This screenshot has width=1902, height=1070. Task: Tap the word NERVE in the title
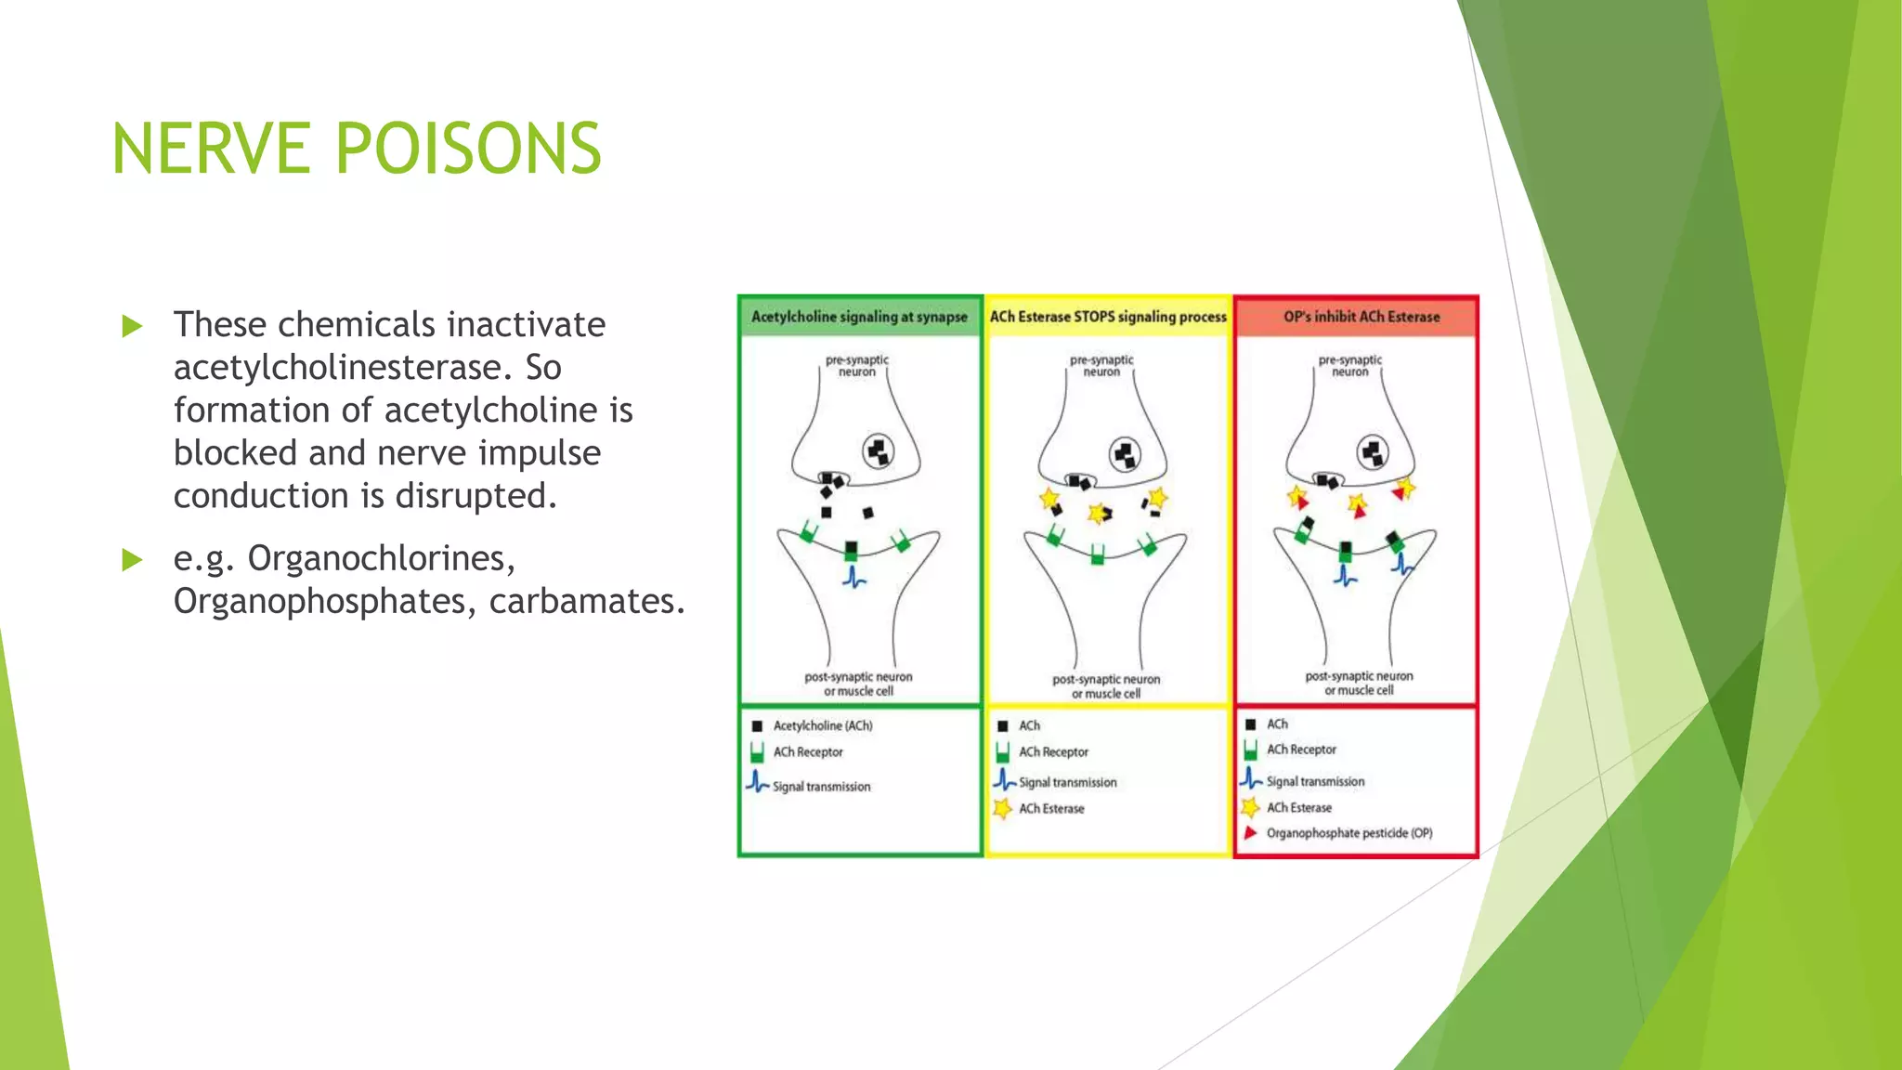point(211,149)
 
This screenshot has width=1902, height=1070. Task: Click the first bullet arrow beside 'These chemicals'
point(133,326)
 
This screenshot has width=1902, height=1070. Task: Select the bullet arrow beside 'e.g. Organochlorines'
point(133,559)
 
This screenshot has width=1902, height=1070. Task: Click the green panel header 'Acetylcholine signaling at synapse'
point(859,317)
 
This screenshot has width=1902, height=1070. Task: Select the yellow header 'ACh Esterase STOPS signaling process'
point(1108,317)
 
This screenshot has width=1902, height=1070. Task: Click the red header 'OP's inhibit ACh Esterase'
point(1361,317)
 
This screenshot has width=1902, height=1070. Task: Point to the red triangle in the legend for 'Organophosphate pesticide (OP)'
point(1251,832)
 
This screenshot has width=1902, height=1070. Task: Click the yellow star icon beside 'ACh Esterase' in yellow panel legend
point(1002,808)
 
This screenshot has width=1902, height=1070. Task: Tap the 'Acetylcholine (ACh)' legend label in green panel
point(823,725)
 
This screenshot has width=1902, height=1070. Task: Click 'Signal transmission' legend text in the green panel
point(821,787)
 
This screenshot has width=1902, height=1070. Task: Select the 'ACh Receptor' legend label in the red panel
point(1301,750)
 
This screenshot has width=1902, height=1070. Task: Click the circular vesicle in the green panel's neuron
point(879,452)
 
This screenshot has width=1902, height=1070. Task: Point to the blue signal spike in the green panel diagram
point(853,578)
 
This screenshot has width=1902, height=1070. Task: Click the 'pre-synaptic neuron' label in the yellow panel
point(1101,365)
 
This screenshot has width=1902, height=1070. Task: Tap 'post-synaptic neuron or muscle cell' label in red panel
point(1359,683)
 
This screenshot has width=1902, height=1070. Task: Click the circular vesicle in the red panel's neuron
point(1373,452)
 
